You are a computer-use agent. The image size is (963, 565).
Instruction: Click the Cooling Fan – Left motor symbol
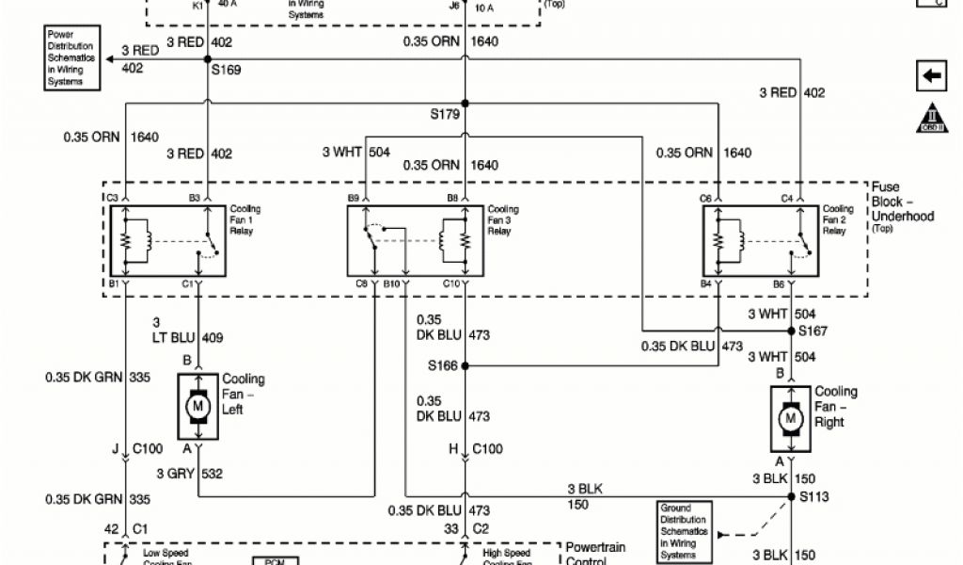[197, 405]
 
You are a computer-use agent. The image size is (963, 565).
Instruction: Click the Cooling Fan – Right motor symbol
[791, 417]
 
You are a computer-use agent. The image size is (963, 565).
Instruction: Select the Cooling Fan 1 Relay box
[166, 241]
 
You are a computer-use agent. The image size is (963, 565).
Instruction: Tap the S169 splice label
[226, 69]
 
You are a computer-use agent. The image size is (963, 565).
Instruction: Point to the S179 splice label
[444, 115]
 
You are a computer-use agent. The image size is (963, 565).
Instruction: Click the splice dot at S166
[465, 365]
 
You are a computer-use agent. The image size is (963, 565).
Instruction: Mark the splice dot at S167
[791, 331]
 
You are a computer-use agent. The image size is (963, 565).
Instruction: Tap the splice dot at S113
[791, 496]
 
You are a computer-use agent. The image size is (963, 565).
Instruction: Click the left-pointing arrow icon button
[930, 75]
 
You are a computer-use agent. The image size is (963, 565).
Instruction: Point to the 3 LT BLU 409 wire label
[188, 330]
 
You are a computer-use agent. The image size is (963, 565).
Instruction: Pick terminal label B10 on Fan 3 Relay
[393, 282]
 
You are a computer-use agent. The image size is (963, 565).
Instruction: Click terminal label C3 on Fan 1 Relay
[112, 198]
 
